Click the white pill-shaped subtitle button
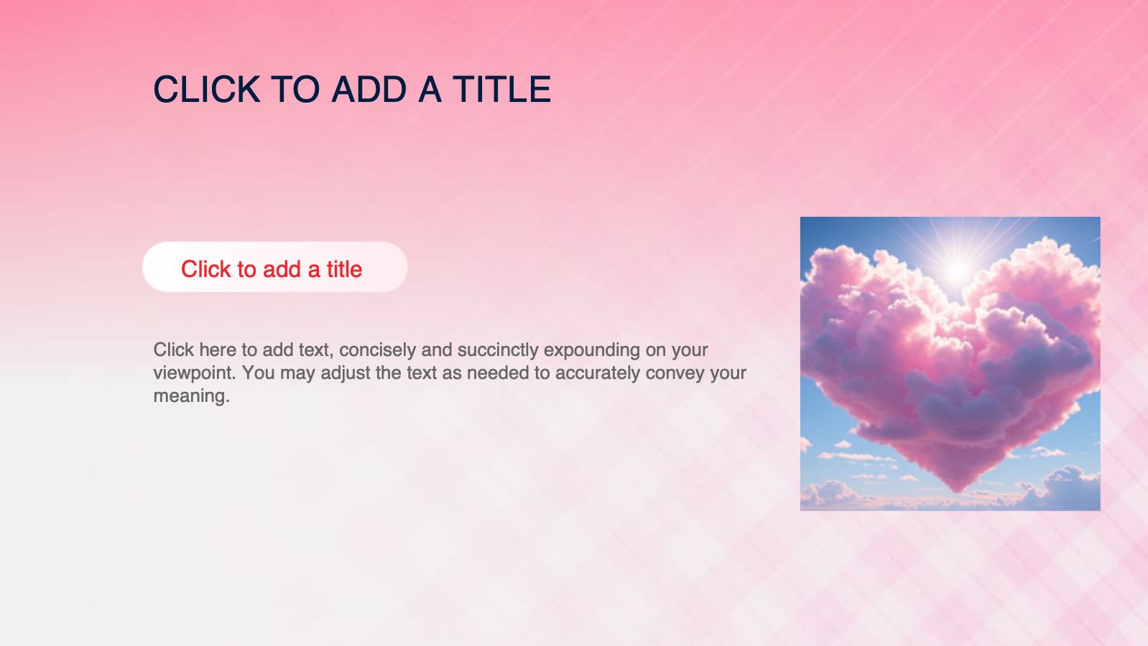(274, 267)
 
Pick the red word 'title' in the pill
(344, 269)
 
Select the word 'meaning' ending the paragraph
(189, 396)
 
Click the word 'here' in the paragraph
(218, 350)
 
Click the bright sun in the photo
(958, 269)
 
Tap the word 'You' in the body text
(258, 373)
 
